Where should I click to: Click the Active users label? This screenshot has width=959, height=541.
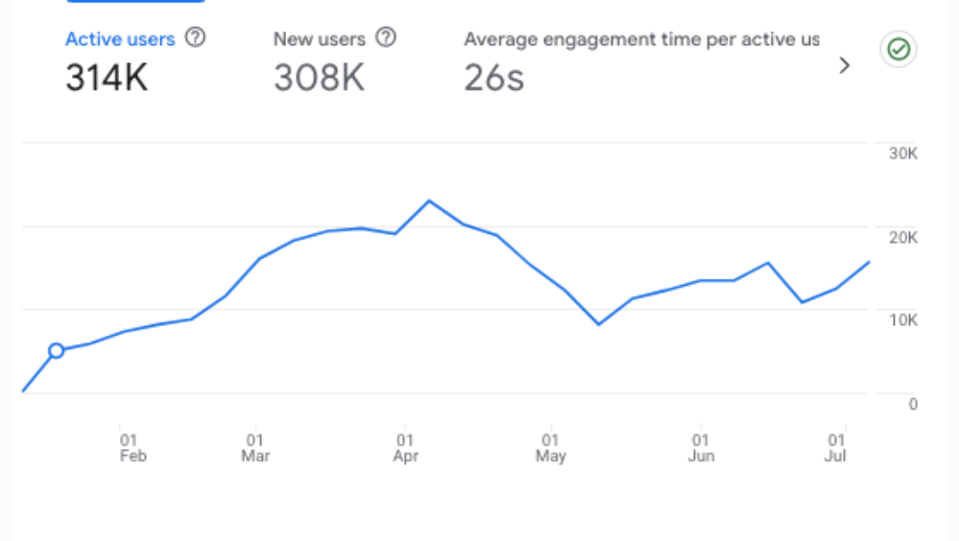point(119,39)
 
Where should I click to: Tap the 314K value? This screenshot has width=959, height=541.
point(107,79)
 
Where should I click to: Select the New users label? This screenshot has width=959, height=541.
point(319,39)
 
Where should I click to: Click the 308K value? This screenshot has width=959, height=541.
point(319,79)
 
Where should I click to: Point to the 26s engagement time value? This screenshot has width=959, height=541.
point(493,79)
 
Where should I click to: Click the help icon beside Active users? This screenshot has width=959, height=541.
point(195,38)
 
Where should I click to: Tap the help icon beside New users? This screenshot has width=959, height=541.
point(386,38)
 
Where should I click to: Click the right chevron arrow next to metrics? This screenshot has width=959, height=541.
point(845,65)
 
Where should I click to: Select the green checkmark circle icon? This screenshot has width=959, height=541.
point(899,50)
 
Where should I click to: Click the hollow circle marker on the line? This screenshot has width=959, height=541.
point(56,351)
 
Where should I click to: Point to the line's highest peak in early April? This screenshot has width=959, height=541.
point(429,200)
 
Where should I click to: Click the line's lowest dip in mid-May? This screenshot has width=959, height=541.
point(599,324)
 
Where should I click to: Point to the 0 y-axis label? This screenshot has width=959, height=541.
point(913,404)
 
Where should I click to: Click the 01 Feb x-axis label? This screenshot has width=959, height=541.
point(132,448)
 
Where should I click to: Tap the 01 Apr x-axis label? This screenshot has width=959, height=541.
point(406,448)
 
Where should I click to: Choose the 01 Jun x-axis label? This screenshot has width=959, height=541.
point(701,448)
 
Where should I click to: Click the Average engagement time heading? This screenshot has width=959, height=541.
point(641,39)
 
